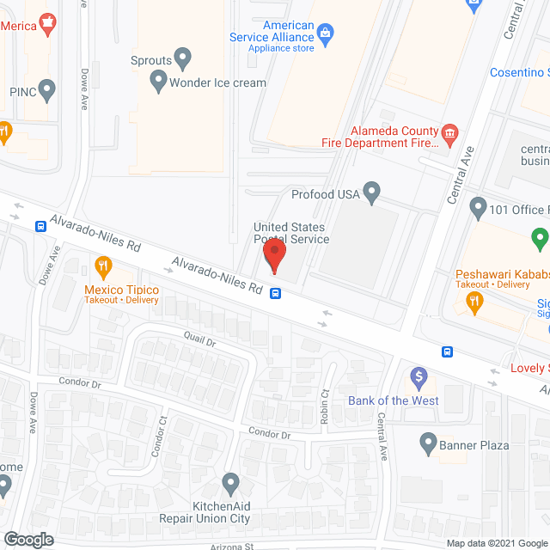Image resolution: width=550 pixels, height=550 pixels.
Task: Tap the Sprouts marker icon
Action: tap(183, 58)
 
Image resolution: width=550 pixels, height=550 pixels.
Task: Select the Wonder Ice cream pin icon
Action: tap(158, 82)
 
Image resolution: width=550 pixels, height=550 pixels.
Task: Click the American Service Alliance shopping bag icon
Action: tap(325, 34)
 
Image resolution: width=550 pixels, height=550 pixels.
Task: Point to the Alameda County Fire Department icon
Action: tap(449, 132)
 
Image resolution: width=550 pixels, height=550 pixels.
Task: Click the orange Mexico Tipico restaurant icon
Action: tap(104, 266)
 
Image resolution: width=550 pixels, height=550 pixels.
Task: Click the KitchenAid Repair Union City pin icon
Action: tap(229, 482)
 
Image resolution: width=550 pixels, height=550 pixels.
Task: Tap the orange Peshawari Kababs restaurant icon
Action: tap(472, 301)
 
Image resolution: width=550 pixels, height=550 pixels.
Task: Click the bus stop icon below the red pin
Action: tap(275, 292)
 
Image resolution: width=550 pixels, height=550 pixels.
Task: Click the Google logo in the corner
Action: tap(27, 539)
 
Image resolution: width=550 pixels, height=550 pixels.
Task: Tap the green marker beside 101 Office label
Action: tap(540, 235)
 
